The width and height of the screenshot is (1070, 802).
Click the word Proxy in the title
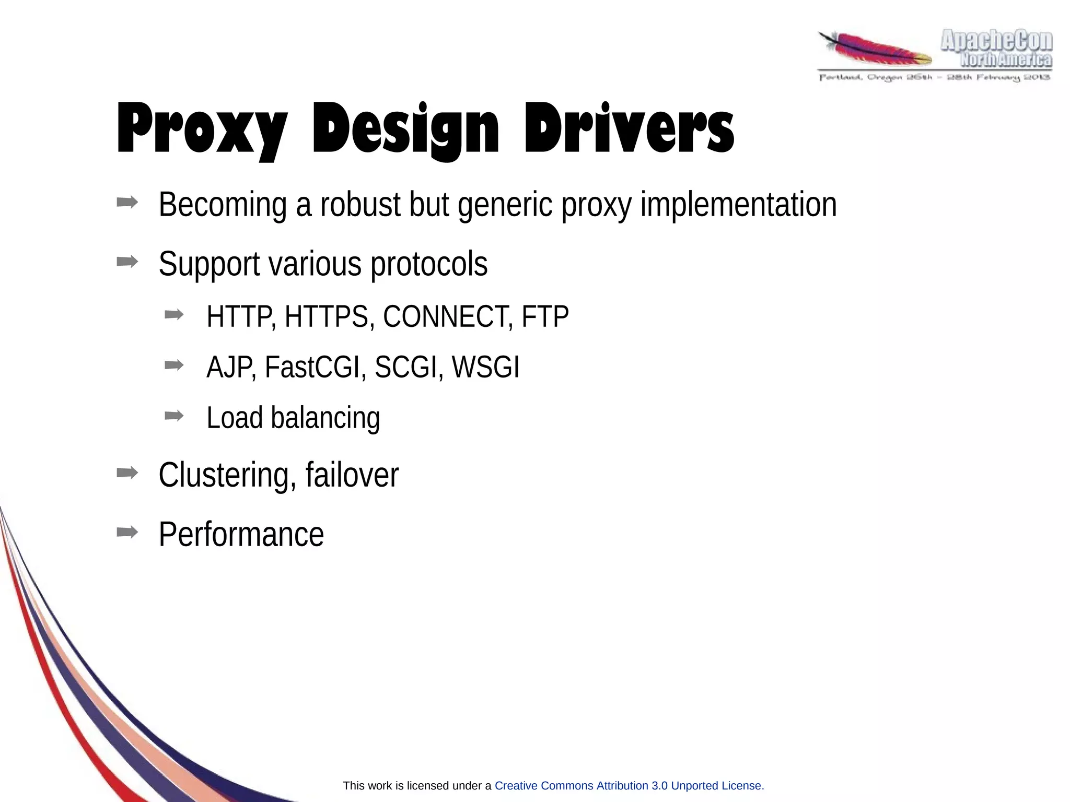click(x=202, y=129)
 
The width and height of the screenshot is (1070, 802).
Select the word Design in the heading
click(x=405, y=129)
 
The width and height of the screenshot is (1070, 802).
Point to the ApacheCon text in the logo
click(x=996, y=41)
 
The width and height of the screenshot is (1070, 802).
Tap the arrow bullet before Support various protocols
click(x=127, y=261)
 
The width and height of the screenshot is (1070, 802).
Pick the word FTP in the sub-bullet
click(x=545, y=316)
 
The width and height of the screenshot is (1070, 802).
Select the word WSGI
click(x=485, y=367)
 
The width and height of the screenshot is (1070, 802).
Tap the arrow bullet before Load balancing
click(x=174, y=416)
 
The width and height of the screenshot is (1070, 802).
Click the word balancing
click(x=325, y=418)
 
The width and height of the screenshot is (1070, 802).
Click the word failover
click(x=352, y=475)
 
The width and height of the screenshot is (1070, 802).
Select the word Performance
click(x=241, y=534)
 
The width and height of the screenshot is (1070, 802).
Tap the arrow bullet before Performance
click(x=127, y=532)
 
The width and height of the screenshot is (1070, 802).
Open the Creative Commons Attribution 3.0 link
click(x=629, y=786)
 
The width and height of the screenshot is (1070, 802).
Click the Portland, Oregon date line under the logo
click(x=934, y=78)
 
